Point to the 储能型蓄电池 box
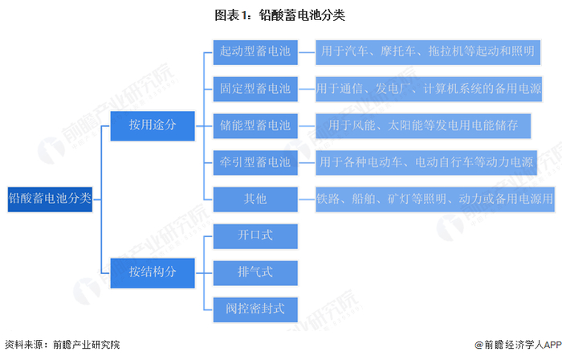point(255,125)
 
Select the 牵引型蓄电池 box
point(255,162)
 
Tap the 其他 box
point(255,198)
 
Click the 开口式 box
point(255,235)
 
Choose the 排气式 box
point(255,271)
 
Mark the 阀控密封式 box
point(255,307)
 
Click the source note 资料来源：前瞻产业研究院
point(63,344)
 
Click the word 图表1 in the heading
point(230,15)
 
